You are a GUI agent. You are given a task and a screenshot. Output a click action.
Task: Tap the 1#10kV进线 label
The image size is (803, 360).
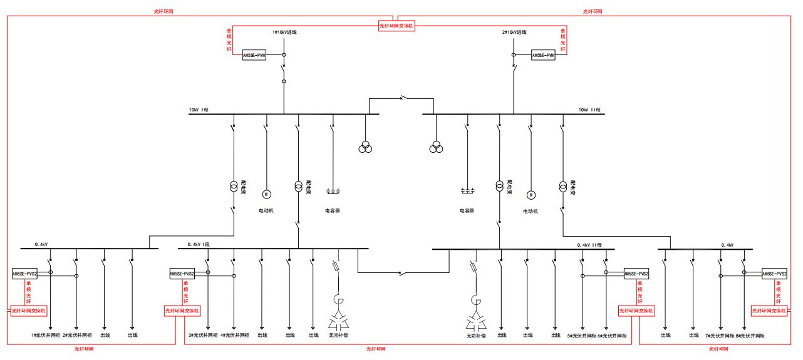pos(284,32)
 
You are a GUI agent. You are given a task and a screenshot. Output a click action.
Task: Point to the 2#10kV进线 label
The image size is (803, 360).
pos(514,32)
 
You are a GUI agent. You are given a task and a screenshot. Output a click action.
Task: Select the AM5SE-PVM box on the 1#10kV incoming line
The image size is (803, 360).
pos(254,55)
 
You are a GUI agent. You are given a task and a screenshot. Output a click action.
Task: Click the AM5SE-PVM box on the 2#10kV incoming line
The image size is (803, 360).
pos(543,55)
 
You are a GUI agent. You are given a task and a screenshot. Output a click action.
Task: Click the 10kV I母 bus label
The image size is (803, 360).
pos(199,110)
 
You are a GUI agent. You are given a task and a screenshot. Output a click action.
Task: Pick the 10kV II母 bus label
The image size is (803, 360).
pos(590,110)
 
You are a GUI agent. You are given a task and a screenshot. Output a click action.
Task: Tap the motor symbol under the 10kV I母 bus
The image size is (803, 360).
pos(265,193)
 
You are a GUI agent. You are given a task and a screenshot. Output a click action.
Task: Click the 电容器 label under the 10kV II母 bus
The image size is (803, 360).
pos(467,210)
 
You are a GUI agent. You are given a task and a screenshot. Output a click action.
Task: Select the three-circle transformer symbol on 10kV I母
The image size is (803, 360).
pos(365,148)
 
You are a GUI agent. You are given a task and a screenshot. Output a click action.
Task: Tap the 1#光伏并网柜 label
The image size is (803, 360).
pos(46,336)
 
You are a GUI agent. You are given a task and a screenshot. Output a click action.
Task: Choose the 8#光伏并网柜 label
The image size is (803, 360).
pos(750,336)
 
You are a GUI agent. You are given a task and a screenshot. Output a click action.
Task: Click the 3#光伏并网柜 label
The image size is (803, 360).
pos(203,336)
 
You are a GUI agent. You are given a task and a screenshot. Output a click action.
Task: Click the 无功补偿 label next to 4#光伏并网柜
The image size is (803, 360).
pos(341,336)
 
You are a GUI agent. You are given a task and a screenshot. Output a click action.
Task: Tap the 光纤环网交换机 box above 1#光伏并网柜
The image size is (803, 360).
pos(29,311)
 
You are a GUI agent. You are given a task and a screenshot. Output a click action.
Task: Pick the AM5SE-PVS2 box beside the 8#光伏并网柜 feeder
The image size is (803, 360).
pos(774,274)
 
